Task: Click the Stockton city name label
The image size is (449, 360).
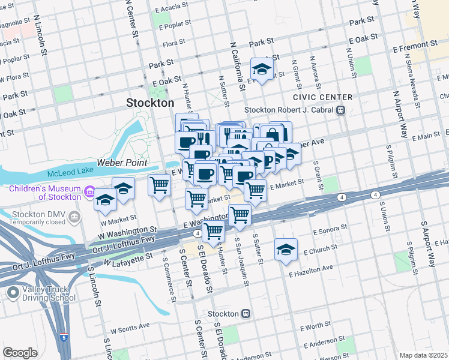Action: pyautogui.click(x=150, y=103)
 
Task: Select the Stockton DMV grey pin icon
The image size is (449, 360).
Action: pyautogui.click(x=74, y=217)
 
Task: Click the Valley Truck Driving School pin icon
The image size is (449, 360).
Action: pyautogui.click(x=13, y=293)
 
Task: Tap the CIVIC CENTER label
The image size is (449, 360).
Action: pyautogui.click(x=322, y=97)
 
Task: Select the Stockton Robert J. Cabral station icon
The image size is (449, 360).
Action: pyautogui.click(x=341, y=110)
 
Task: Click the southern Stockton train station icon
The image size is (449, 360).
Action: pyautogui.click(x=246, y=314)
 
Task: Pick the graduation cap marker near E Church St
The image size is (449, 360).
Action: pyautogui.click(x=286, y=250)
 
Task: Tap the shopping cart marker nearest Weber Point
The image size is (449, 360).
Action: pyautogui.click(x=159, y=185)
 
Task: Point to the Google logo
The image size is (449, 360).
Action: pyautogui.click(x=20, y=353)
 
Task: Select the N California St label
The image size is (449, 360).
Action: pyautogui.click(x=238, y=66)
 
